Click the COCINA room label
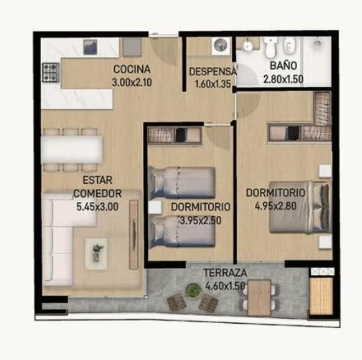132,69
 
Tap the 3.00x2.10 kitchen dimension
132,82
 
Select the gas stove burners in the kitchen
51,72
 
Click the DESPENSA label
213,71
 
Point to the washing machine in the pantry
221,46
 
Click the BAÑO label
283,65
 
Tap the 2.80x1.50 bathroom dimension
283,80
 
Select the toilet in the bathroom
270,47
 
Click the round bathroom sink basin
248,46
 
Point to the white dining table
72,149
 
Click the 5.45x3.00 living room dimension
97,207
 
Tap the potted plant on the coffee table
97,252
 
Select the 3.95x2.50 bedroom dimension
200,221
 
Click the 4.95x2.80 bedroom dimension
275,206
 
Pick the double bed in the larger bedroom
300,207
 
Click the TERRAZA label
225,273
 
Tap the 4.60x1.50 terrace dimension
225,286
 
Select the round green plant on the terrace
193,291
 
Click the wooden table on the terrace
259,297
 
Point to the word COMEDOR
97,194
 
